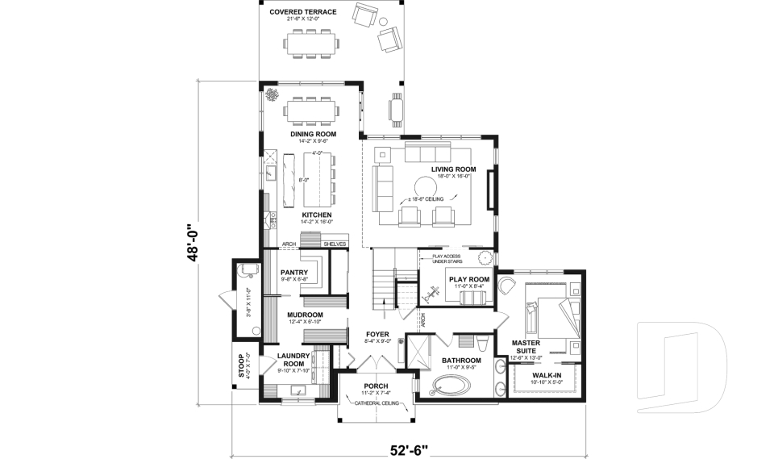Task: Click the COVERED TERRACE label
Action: pos(304,11)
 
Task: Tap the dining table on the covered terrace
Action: pos(311,43)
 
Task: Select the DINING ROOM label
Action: pos(313,134)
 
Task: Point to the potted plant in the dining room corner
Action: pos(271,96)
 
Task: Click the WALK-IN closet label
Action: pos(548,375)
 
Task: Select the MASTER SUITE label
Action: pos(526,346)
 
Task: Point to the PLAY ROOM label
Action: pos(469,279)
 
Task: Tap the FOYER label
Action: pos(377,333)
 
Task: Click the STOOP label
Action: pos(240,365)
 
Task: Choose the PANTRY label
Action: pos(293,273)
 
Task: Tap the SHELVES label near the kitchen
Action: pos(335,244)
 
